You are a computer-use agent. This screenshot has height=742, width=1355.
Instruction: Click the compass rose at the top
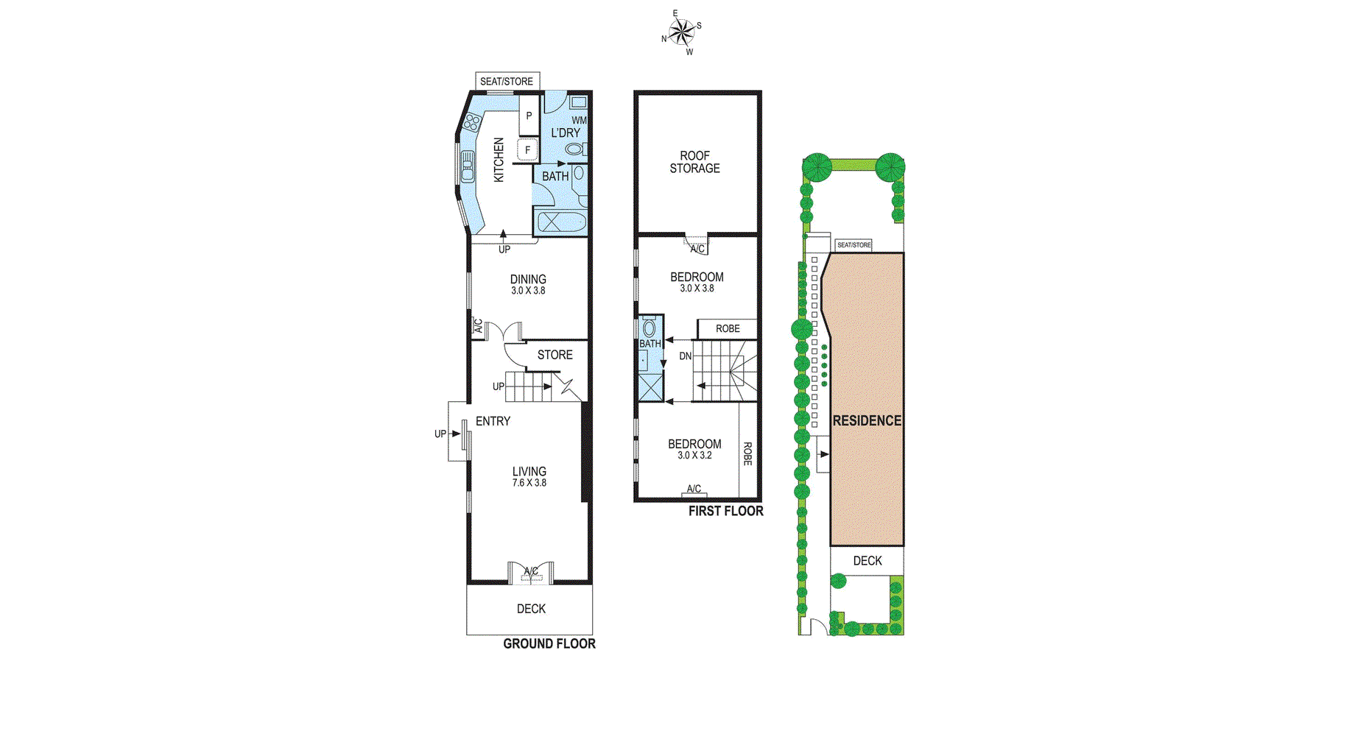pyautogui.click(x=682, y=32)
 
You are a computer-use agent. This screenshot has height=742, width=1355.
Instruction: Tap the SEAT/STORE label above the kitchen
pyautogui.click(x=507, y=81)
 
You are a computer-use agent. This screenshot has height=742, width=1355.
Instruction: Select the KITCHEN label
pyautogui.click(x=499, y=160)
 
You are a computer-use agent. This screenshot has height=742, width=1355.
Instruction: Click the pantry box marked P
pyautogui.click(x=529, y=116)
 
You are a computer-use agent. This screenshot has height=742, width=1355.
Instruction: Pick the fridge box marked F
pyautogui.click(x=527, y=150)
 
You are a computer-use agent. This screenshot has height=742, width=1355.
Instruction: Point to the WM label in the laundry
pyautogui.click(x=579, y=120)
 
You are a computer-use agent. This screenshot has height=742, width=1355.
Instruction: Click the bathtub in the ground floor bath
pyautogui.click(x=560, y=222)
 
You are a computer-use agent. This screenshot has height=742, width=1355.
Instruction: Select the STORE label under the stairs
pyautogui.click(x=555, y=355)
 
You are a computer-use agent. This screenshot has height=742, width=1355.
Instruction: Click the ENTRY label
pyautogui.click(x=493, y=421)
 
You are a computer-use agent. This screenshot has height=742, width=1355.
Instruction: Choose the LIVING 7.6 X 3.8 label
pyautogui.click(x=529, y=476)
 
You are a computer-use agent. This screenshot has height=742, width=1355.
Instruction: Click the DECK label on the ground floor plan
pyautogui.click(x=531, y=609)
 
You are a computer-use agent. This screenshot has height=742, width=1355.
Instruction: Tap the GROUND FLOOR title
pyautogui.click(x=549, y=643)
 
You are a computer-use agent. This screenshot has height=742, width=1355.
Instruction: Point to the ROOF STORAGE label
pyautogui.click(x=694, y=162)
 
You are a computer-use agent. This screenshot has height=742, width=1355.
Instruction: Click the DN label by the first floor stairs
pyautogui.click(x=685, y=356)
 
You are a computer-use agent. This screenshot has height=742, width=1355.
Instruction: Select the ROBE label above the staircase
pyautogui.click(x=728, y=329)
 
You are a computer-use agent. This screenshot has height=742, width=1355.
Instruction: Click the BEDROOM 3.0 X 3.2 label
pyautogui.click(x=694, y=449)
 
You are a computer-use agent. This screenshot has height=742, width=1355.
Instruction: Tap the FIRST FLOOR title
pyautogui.click(x=725, y=511)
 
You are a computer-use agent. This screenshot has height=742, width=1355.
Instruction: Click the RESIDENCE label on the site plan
pyautogui.click(x=867, y=420)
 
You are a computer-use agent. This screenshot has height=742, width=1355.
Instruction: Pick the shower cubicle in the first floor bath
pyautogui.click(x=650, y=387)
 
